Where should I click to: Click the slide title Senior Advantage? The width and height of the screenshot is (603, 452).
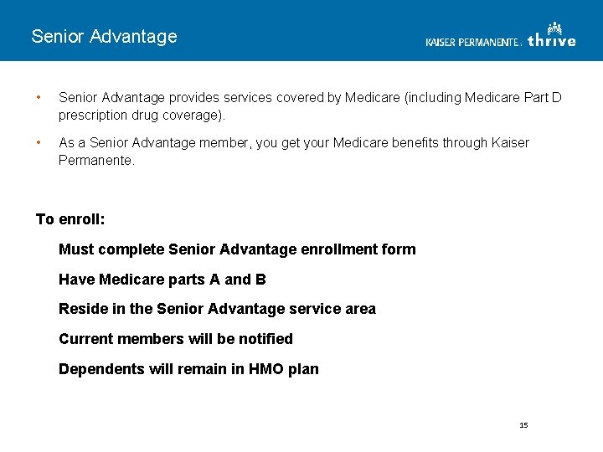point(104,37)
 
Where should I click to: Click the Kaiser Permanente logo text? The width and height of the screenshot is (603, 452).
point(472,42)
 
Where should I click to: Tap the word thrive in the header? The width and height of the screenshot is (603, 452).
point(551,39)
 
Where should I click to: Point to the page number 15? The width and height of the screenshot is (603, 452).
point(523,425)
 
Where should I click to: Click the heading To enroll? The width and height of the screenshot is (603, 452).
point(70,219)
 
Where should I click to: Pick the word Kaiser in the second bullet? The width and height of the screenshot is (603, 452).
point(509,143)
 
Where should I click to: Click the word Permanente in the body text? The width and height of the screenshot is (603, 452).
point(95,159)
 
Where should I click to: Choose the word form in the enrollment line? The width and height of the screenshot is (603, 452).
point(399,249)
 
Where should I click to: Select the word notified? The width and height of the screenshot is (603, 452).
point(265,339)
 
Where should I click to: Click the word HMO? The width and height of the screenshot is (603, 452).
point(265,369)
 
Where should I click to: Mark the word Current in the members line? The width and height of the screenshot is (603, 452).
point(85,339)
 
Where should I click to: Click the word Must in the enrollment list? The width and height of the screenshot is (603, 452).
point(76,249)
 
